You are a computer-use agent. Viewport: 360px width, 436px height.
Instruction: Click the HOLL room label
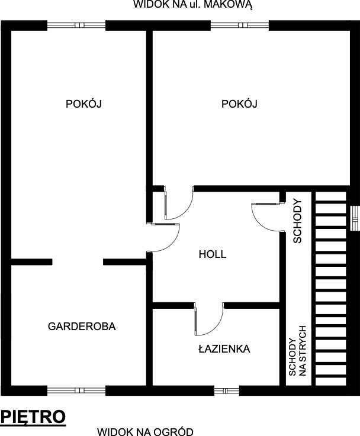213,254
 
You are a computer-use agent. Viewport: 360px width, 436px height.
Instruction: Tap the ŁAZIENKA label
224,348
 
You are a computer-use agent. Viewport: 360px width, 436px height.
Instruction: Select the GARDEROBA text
82,326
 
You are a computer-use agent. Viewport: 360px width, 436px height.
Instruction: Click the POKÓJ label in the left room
83,104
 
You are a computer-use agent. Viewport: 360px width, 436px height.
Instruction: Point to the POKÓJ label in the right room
239,104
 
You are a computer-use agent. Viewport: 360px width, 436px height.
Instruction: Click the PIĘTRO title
33,417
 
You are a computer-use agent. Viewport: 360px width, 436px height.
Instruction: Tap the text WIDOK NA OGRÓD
145,431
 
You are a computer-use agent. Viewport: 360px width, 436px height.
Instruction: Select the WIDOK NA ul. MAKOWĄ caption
193,5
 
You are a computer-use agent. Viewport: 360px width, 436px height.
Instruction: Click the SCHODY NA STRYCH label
297,351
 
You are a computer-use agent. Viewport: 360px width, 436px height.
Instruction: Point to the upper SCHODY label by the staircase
297,221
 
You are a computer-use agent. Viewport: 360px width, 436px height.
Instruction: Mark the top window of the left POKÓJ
76,25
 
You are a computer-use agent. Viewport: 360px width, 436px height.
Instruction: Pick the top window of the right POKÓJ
240,25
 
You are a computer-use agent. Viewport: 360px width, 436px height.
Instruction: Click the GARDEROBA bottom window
76,390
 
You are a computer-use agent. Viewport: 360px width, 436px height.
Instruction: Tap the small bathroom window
226,390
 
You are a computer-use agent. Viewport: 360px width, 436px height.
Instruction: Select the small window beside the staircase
355,218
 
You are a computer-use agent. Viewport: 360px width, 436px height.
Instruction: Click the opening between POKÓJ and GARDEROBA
78,261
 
